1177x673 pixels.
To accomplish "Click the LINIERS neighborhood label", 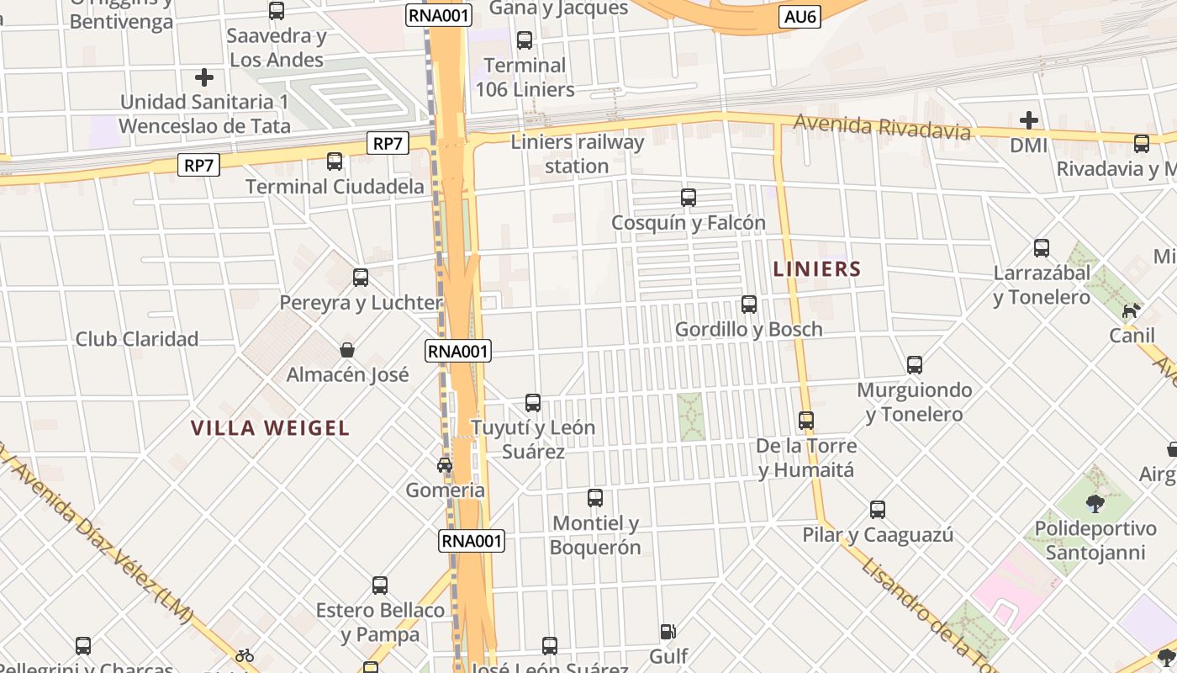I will [817, 269].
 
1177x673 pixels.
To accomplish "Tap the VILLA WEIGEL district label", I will [270, 428].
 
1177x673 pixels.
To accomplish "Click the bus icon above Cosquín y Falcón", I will [689, 198].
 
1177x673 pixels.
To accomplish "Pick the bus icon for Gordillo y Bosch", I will [749, 305].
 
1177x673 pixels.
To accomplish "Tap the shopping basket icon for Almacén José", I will [347, 349].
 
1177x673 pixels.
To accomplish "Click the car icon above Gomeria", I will [445, 465].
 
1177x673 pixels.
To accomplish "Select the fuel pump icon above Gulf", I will [668, 631].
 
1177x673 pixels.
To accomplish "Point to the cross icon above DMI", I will [1029, 120].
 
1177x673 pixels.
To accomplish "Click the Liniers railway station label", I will [577, 154].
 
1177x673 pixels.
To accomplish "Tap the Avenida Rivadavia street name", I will [882, 127].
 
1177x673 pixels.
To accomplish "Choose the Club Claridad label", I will [137, 339].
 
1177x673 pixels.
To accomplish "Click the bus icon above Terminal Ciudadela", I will [335, 161].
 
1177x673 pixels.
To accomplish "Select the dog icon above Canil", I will [1132, 310].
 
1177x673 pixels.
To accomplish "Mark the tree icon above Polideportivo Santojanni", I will [1095, 503].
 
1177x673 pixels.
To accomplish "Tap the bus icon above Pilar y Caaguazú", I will [878, 510].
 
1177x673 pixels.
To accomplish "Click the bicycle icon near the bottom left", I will [245, 654].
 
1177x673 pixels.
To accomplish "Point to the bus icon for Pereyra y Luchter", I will [361, 278].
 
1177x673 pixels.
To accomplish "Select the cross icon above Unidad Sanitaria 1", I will [204, 77].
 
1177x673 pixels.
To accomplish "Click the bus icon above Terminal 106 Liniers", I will [525, 40].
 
